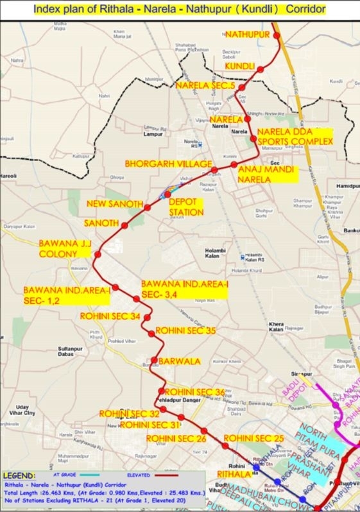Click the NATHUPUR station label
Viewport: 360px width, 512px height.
[x=246, y=33]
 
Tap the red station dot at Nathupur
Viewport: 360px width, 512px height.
[x=278, y=36]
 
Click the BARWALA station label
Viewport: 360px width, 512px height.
[x=180, y=361]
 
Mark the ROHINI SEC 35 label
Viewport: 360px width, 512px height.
[x=186, y=332]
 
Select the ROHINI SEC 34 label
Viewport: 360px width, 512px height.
[x=110, y=316]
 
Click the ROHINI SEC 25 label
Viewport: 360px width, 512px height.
[x=253, y=438]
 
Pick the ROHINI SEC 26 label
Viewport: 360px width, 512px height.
[x=176, y=438]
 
